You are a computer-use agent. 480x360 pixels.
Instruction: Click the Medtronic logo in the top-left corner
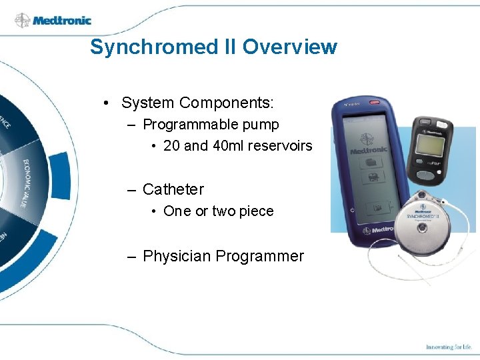coord(53,21)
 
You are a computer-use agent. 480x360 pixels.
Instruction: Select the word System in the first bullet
coord(148,103)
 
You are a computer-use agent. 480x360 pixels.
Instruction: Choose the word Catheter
coord(173,189)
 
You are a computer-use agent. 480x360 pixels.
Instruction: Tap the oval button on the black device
coord(423,175)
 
